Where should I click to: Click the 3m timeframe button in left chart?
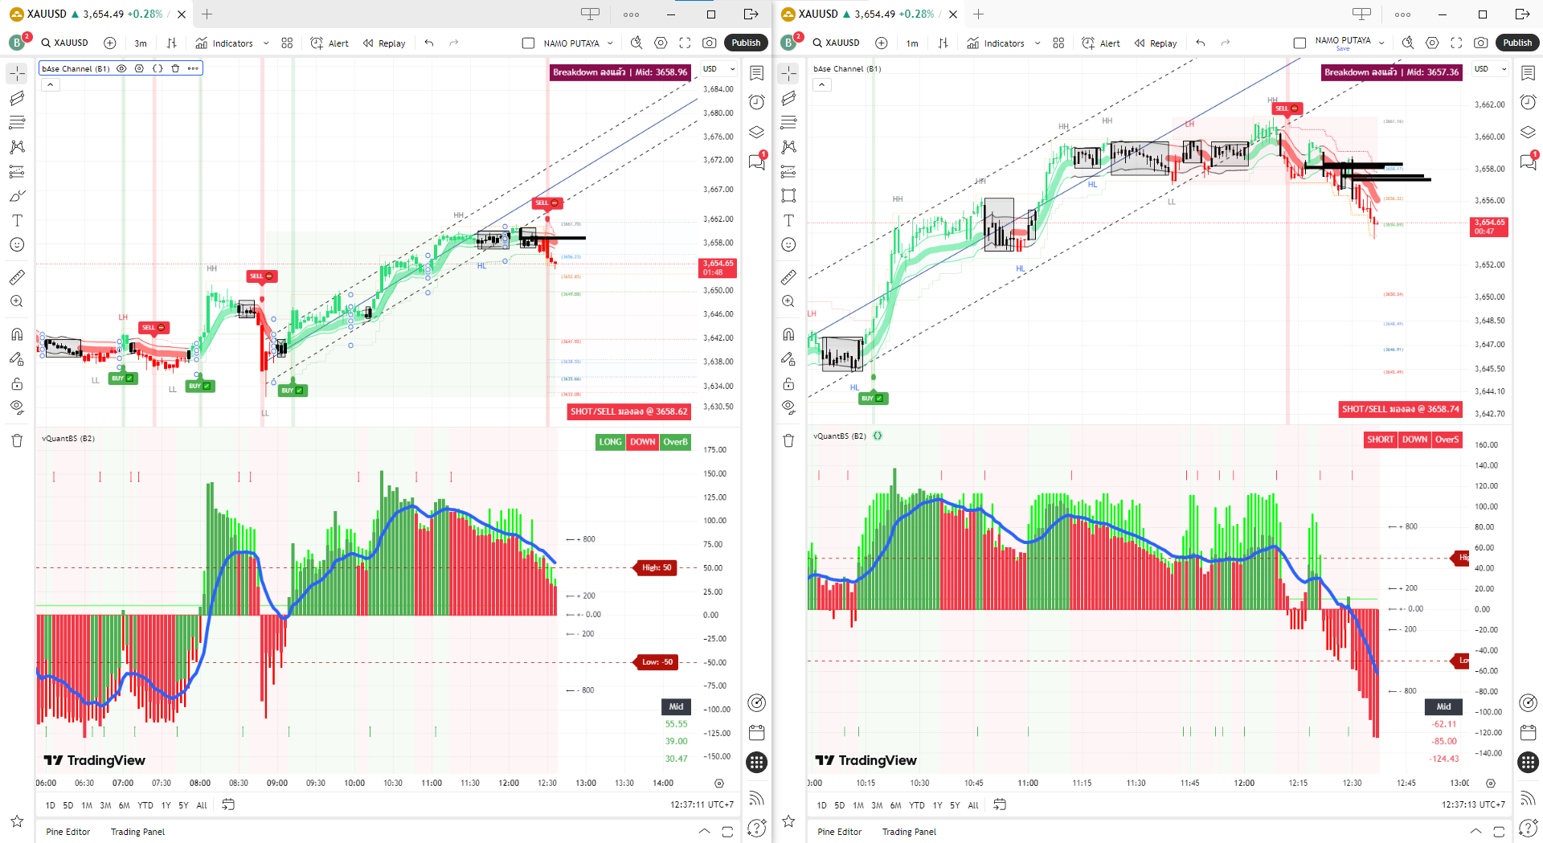pyautogui.click(x=141, y=43)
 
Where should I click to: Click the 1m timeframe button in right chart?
pyautogui.click(x=912, y=43)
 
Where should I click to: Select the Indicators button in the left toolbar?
pyautogui.click(x=224, y=43)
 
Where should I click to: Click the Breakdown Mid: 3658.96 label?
pyautogui.click(x=620, y=72)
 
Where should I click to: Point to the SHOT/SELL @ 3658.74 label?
pyautogui.click(x=1400, y=409)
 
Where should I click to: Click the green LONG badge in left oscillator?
pyautogui.click(x=610, y=442)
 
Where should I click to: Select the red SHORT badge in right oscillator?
pyautogui.click(x=1380, y=440)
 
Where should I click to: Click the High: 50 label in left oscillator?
pyautogui.click(x=656, y=567)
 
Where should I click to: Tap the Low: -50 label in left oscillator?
pyautogui.click(x=657, y=662)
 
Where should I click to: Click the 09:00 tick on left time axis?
pyautogui.click(x=277, y=783)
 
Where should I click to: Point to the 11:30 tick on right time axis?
pyautogui.click(x=1136, y=783)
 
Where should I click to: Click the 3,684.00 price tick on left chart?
pyautogui.click(x=718, y=89)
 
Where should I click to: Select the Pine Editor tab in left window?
pyautogui.click(x=68, y=832)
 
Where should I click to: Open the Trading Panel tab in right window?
pyautogui.click(x=909, y=832)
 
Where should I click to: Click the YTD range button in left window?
pyautogui.click(x=145, y=805)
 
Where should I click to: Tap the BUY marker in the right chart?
pyautogui.click(x=871, y=398)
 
